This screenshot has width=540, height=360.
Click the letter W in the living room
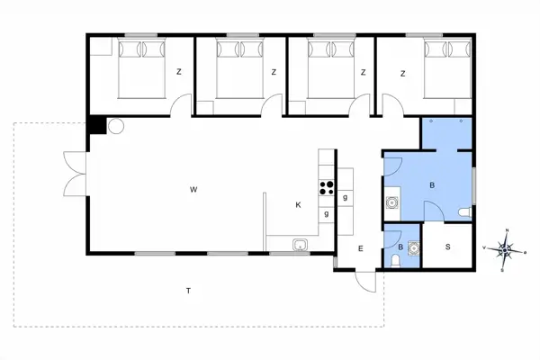point(193,189)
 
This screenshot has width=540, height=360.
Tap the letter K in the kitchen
point(298,205)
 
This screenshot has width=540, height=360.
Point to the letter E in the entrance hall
point(359,248)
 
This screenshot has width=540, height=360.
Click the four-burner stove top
point(326,188)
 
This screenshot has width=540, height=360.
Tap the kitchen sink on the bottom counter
point(301,244)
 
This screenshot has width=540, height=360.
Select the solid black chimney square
point(95,127)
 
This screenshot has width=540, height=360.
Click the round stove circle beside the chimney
point(114,127)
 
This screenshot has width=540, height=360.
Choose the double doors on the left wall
point(70,173)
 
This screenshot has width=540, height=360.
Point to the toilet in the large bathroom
point(463,211)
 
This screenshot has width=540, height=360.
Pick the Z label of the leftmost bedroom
point(179,72)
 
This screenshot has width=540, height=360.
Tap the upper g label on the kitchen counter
point(345,196)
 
